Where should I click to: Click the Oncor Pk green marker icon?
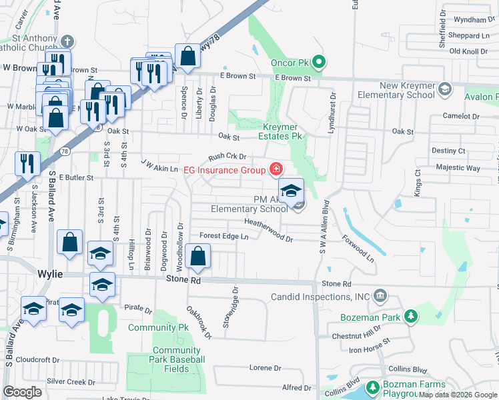tap(319, 63)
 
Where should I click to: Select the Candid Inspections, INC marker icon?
tap(380, 295)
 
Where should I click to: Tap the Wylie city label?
tap(49, 274)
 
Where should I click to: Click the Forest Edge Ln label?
tap(223, 236)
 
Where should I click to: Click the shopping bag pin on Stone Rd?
tap(197, 256)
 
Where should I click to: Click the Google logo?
tap(23, 392)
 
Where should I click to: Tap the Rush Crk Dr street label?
tap(227, 157)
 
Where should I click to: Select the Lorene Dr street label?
tap(265, 368)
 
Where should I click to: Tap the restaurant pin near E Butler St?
tap(27, 162)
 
